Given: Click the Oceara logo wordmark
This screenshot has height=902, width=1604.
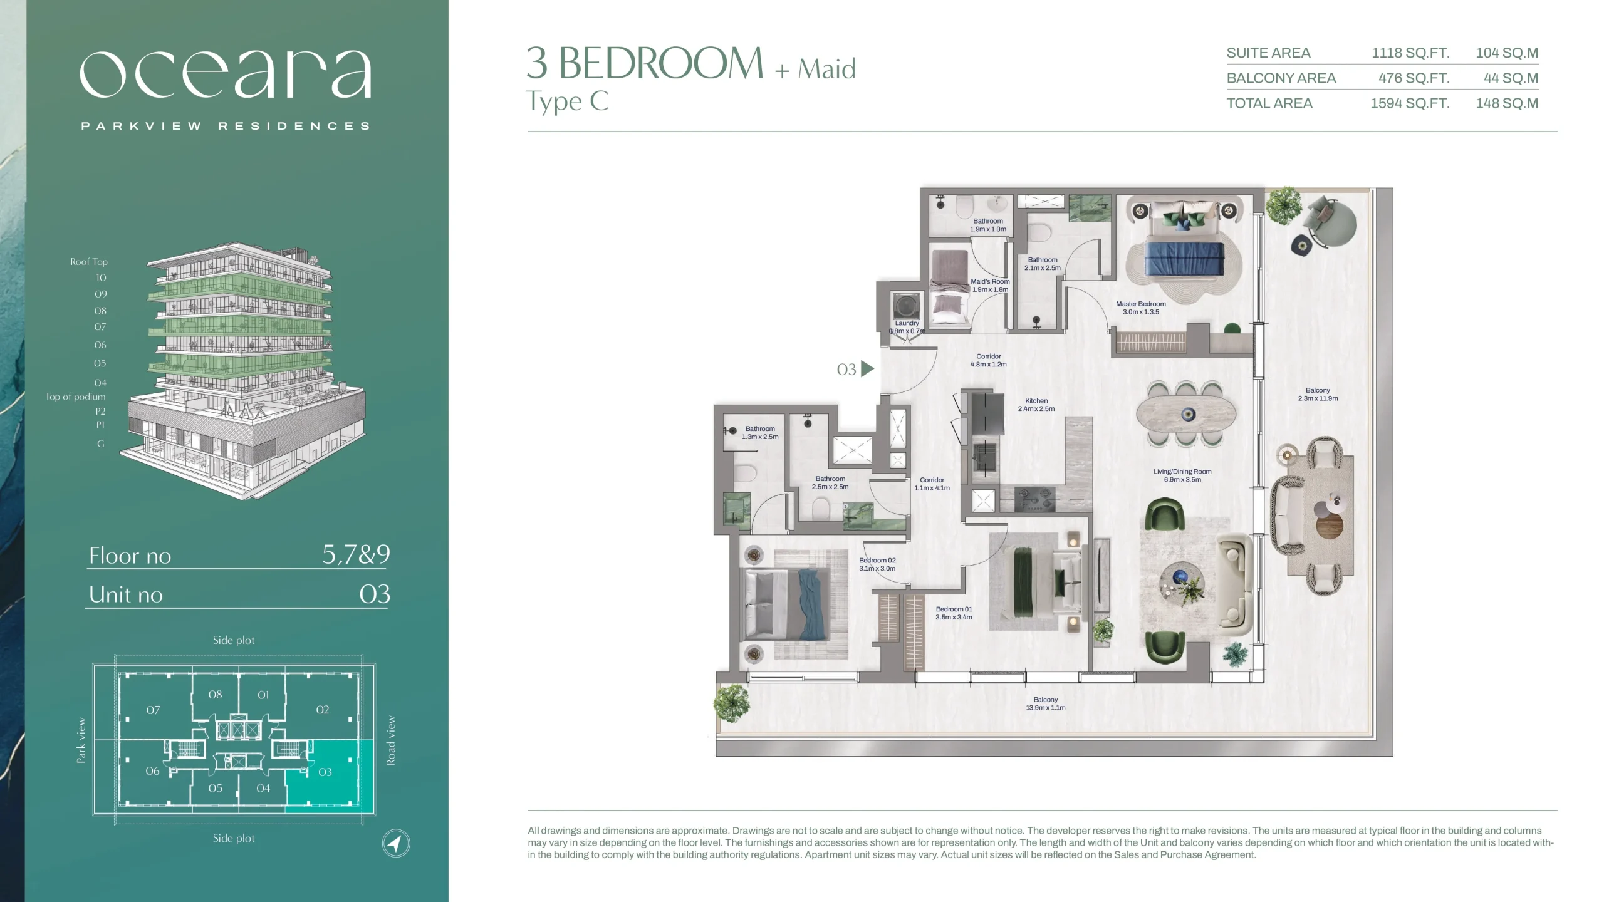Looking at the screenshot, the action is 226,74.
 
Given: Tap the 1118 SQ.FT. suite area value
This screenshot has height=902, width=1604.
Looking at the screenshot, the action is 1410,53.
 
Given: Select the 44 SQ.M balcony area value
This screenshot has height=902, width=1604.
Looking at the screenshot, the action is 1511,78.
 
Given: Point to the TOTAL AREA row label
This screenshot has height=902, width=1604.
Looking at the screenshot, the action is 1269,103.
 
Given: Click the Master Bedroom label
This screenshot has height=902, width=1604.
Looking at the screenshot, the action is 1140,308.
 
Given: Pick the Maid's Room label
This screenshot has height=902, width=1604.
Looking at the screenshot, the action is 990,286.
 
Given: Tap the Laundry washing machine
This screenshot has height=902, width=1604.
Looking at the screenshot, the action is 907,306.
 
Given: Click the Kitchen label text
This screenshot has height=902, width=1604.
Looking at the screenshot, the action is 1036,401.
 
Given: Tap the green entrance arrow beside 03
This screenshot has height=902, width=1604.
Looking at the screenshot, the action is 868,369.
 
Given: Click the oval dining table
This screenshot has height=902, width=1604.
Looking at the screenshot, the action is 1187,414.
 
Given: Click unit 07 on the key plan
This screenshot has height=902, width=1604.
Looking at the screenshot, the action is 153,710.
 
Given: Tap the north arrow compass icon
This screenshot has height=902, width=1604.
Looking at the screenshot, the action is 396,843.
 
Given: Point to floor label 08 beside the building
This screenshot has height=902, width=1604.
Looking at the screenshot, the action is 100,311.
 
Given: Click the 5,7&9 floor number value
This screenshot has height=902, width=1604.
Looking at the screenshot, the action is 356,554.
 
